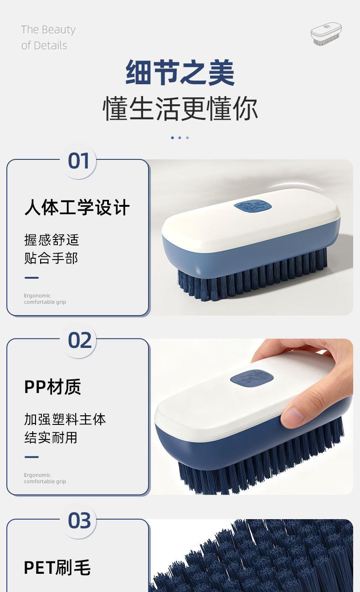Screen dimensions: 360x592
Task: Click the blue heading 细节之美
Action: click(180, 72)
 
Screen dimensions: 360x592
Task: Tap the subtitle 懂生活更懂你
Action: click(180, 109)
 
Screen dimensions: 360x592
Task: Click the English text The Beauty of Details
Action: click(48, 37)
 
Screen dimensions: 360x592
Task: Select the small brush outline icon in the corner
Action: click(326, 34)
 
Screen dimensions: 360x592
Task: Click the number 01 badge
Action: click(78, 161)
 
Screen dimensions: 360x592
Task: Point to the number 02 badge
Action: click(80, 341)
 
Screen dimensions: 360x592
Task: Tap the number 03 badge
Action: click(79, 521)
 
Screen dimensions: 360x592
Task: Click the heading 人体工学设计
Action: click(77, 208)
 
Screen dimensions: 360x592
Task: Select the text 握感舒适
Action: click(51, 240)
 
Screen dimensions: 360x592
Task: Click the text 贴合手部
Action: click(51, 258)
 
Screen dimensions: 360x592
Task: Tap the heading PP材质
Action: click(52, 387)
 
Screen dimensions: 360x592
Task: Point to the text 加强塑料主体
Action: click(65, 419)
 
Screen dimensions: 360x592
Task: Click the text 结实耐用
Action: click(51, 438)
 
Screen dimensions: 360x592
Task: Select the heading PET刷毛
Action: click(57, 567)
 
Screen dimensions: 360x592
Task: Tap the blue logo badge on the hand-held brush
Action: click(252, 378)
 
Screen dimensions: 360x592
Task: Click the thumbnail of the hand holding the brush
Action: click(252, 417)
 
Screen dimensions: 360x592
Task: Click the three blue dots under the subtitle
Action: click(180, 138)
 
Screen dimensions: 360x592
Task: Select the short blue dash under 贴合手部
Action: click(31, 278)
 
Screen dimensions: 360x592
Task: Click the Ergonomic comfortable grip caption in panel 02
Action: click(45, 478)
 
